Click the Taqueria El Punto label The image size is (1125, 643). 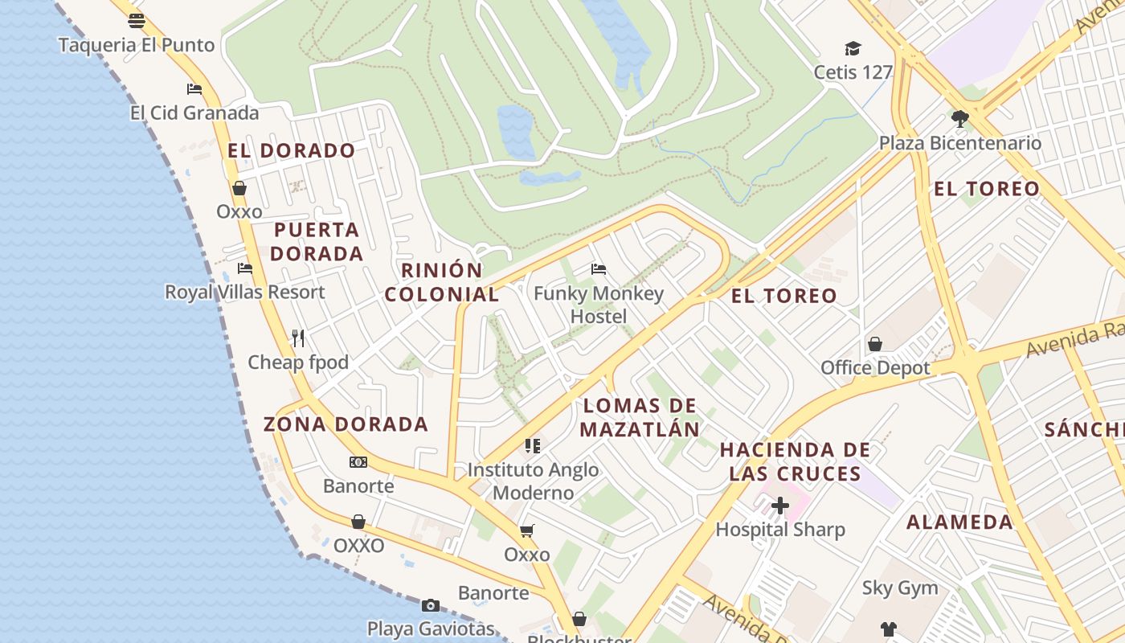point(137,45)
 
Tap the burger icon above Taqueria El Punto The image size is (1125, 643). point(137,21)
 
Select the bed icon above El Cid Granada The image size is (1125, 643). point(194,88)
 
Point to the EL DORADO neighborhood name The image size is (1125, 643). point(291,150)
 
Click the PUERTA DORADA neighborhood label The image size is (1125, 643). point(317,242)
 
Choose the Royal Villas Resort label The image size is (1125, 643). point(245,292)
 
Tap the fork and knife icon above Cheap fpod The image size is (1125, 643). point(298,338)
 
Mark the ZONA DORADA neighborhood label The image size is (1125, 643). point(346,424)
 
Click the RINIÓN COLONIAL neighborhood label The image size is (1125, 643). point(441,282)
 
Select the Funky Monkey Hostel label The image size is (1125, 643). point(599,305)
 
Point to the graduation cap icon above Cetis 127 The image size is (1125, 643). point(853,49)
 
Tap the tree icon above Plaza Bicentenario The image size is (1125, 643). point(959,120)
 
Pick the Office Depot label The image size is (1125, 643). point(875,367)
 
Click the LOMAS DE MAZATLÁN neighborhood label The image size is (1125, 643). point(640,417)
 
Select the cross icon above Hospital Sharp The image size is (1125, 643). point(780,506)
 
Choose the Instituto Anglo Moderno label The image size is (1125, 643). point(533,481)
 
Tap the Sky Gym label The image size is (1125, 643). point(900,588)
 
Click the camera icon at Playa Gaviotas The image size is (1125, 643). point(431,605)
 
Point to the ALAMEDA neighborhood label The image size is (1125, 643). point(959,522)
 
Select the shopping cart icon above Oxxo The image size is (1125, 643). point(527,530)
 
